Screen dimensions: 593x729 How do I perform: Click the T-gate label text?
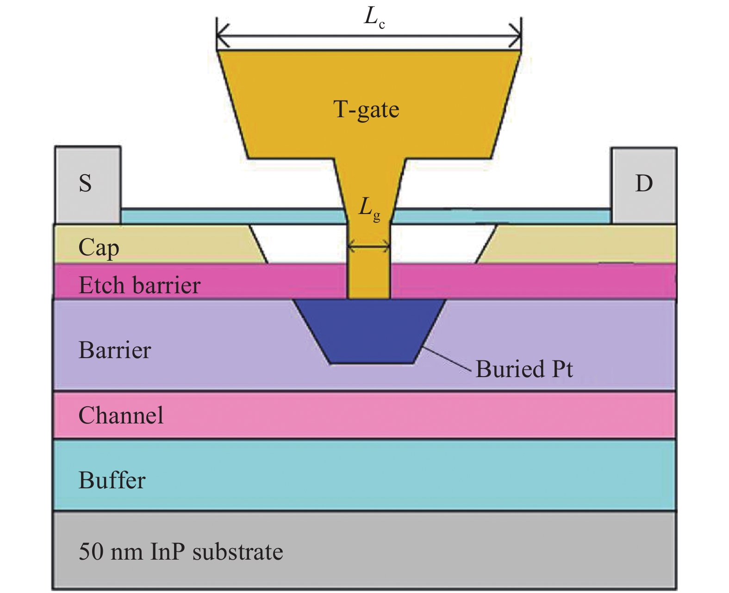pos(366,110)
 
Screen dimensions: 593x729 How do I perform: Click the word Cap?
pos(99,247)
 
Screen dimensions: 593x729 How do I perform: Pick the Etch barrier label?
pos(139,285)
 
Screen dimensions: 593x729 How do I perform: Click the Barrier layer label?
pos(115,350)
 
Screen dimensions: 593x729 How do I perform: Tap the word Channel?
pos(121,415)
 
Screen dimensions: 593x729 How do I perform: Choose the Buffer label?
pos(112,480)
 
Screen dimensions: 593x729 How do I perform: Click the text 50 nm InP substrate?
pos(181,551)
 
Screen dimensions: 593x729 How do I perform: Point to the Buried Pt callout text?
pos(524,369)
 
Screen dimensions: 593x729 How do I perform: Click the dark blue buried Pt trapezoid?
pos(370,331)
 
